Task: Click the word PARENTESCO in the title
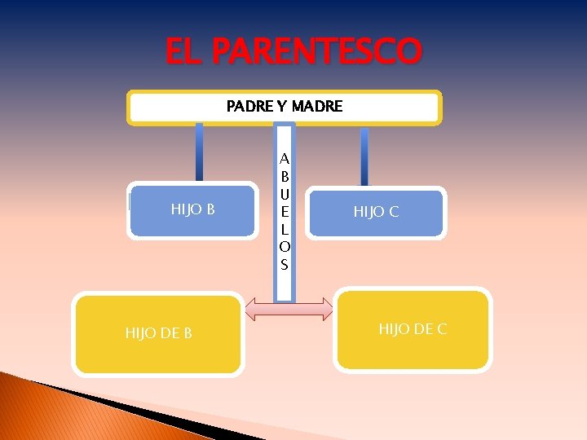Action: coord(317,52)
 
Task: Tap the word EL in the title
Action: coord(184,52)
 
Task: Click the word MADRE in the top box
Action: coord(317,107)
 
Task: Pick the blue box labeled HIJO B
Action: coord(192,210)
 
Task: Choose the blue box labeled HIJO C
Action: coord(377,213)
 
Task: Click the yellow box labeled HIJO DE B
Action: coord(159,333)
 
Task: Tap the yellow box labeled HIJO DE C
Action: coord(413,329)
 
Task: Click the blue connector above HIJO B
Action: coord(199,152)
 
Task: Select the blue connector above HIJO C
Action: coord(364,156)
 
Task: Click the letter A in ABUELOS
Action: coord(284,158)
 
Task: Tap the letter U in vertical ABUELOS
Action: coord(284,193)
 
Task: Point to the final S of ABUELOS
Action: coord(284,264)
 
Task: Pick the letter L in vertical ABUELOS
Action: coord(284,229)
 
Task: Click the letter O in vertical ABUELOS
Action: coord(284,247)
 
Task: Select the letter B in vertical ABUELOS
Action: coord(284,175)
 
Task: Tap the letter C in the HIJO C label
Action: coord(393,213)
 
